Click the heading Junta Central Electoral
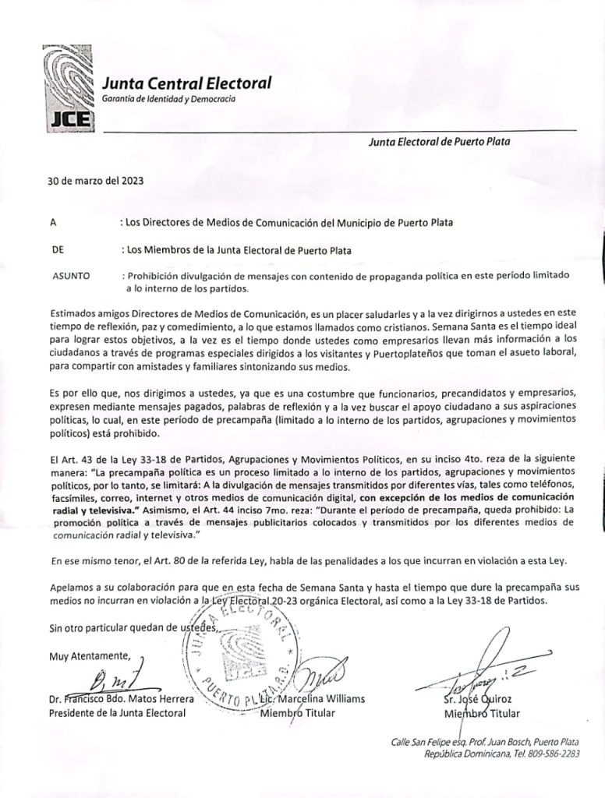pos(186,83)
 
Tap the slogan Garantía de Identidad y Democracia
pos(168,99)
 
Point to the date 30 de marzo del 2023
pos(95,180)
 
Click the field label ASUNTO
pos(71,276)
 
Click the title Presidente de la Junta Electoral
pos(117,712)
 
